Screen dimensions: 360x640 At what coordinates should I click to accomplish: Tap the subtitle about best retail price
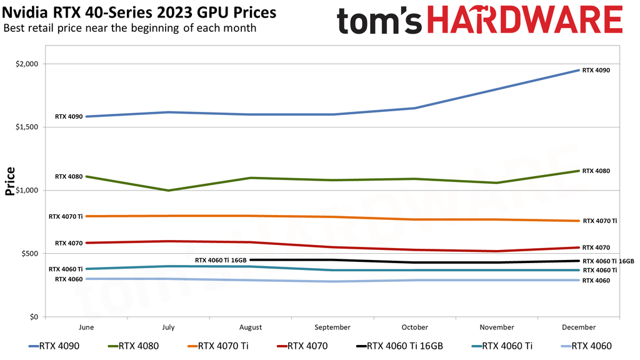(x=129, y=28)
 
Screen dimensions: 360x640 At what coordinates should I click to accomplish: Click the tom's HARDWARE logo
(x=479, y=20)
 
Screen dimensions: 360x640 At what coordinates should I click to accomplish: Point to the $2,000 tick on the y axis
(x=27, y=64)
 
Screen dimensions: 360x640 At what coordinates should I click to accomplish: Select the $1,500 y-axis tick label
(x=27, y=127)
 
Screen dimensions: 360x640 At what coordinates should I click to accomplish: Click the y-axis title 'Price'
(x=10, y=181)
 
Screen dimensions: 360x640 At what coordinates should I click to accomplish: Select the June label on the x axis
(x=86, y=327)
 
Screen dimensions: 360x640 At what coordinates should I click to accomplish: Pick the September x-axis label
(x=332, y=327)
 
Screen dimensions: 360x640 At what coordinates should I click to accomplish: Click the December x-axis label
(x=579, y=327)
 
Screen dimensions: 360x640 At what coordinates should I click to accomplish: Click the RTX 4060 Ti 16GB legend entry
(x=399, y=346)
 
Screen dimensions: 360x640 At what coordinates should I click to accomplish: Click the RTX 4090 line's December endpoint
(x=579, y=70)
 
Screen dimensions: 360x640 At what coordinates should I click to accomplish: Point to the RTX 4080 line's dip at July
(x=169, y=190)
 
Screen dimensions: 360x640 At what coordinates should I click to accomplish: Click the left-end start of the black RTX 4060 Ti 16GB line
(x=251, y=259)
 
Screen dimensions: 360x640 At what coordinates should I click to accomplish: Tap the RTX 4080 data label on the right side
(x=596, y=171)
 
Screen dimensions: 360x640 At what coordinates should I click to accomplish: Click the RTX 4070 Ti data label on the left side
(x=66, y=216)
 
